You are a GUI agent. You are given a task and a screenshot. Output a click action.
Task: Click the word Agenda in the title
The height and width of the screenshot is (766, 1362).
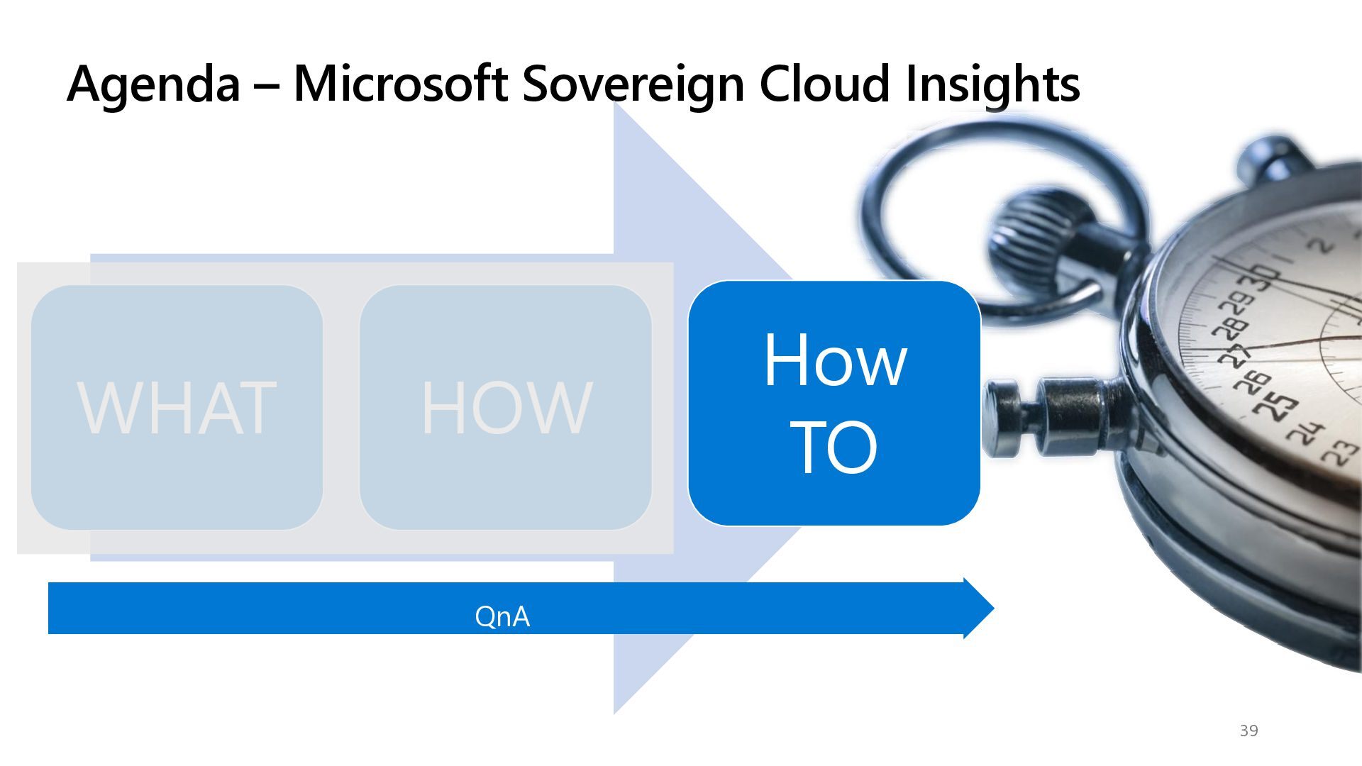coord(153,84)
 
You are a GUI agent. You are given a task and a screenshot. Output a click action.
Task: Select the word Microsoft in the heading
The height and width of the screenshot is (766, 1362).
coord(400,83)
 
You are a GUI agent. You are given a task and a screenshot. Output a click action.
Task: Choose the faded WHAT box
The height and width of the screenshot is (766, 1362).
coord(177,407)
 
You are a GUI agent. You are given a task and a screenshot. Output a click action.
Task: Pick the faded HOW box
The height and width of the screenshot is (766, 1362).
coord(506,407)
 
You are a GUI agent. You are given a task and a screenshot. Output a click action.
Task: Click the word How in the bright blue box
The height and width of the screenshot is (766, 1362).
coord(835,360)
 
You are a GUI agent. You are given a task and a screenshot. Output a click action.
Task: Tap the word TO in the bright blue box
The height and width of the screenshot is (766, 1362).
coord(834,448)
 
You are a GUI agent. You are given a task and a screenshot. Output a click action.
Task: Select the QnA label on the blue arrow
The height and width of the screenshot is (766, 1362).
coord(502,616)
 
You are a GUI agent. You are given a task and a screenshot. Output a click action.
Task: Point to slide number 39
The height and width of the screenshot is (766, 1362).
coord(1248,731)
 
